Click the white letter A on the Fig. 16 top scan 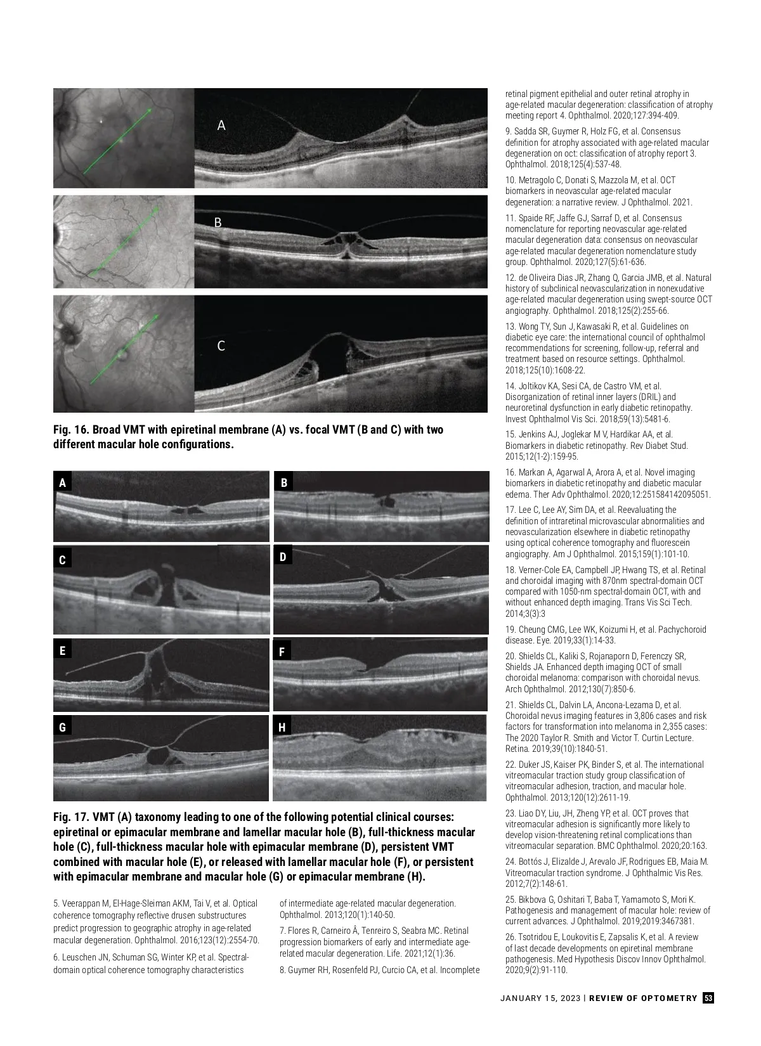(221, 126)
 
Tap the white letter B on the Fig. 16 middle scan (218, 223)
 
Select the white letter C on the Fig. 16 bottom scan (221, 346)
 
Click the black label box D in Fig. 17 (283, 557)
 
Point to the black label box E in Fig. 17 (62, 651)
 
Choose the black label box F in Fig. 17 (282, 651)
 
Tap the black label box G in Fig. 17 (62, 727)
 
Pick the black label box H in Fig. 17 (282, 727)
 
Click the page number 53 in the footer (708, 998)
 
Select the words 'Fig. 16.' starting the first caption (71, 430)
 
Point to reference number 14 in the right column (510, 386)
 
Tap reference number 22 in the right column (510, 765)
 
